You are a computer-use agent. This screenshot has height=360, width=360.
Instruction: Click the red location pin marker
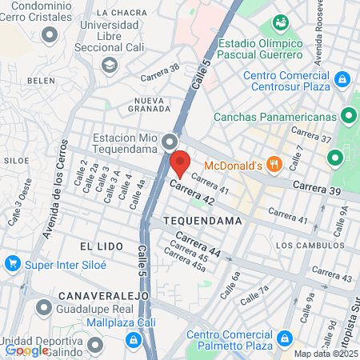click(180, 163)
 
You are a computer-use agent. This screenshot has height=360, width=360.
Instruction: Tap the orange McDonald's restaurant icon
click(275, 165)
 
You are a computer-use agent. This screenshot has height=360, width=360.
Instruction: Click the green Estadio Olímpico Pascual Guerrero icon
click(281, 24)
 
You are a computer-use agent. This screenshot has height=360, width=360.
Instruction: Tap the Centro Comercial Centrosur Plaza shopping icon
click(342, 80)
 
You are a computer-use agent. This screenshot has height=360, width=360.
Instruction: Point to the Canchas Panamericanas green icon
click(349, 116)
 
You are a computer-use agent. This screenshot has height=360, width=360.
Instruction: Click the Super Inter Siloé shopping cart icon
click(11, 262)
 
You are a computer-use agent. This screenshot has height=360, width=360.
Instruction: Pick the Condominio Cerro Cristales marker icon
click(51, 34)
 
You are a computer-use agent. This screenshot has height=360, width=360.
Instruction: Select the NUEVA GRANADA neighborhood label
click(149, 104)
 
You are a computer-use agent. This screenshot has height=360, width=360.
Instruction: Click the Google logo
click(27, 350)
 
